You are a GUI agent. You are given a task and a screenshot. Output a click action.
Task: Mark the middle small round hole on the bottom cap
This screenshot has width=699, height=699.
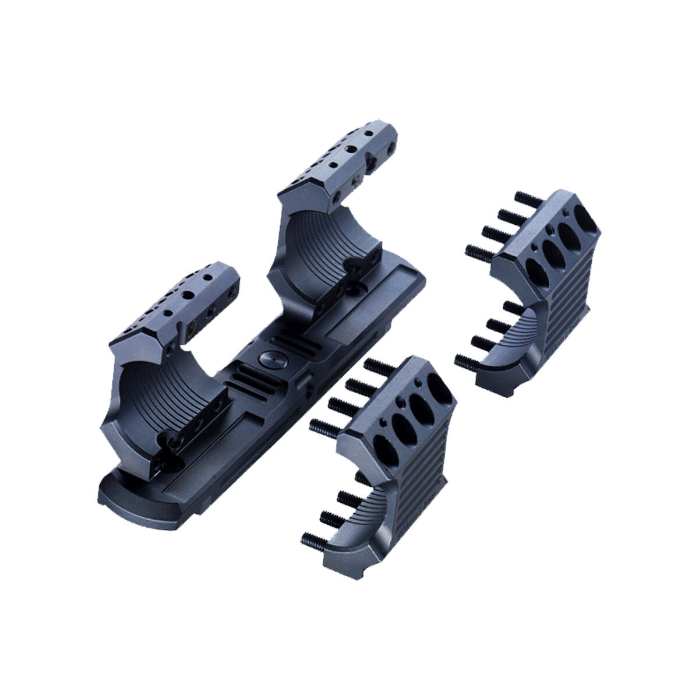click(402, 406)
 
